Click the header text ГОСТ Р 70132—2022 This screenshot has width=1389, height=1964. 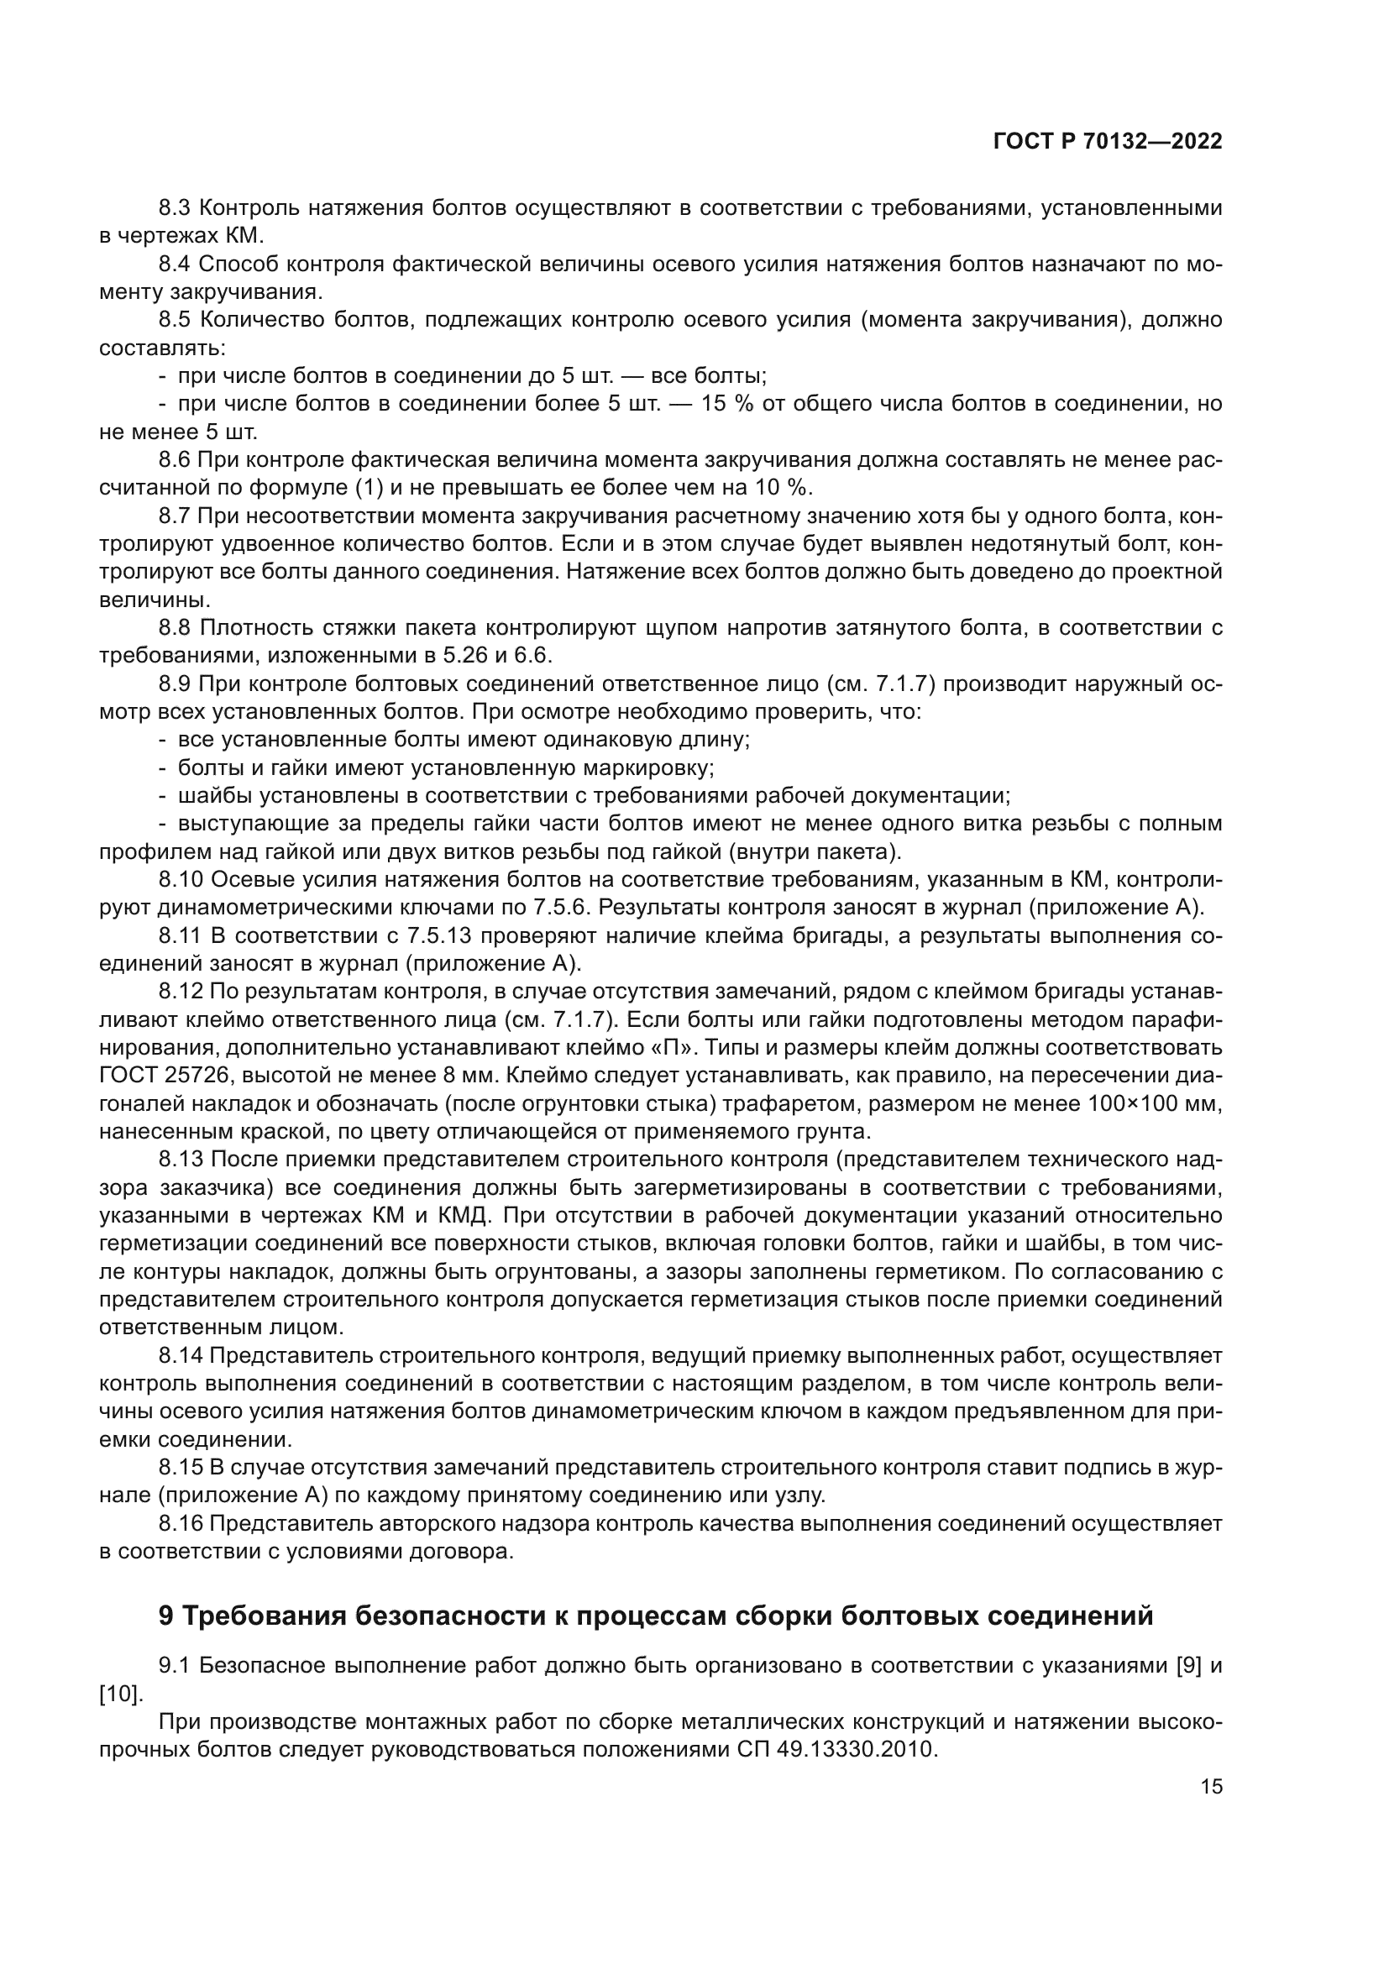point(1108,142)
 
